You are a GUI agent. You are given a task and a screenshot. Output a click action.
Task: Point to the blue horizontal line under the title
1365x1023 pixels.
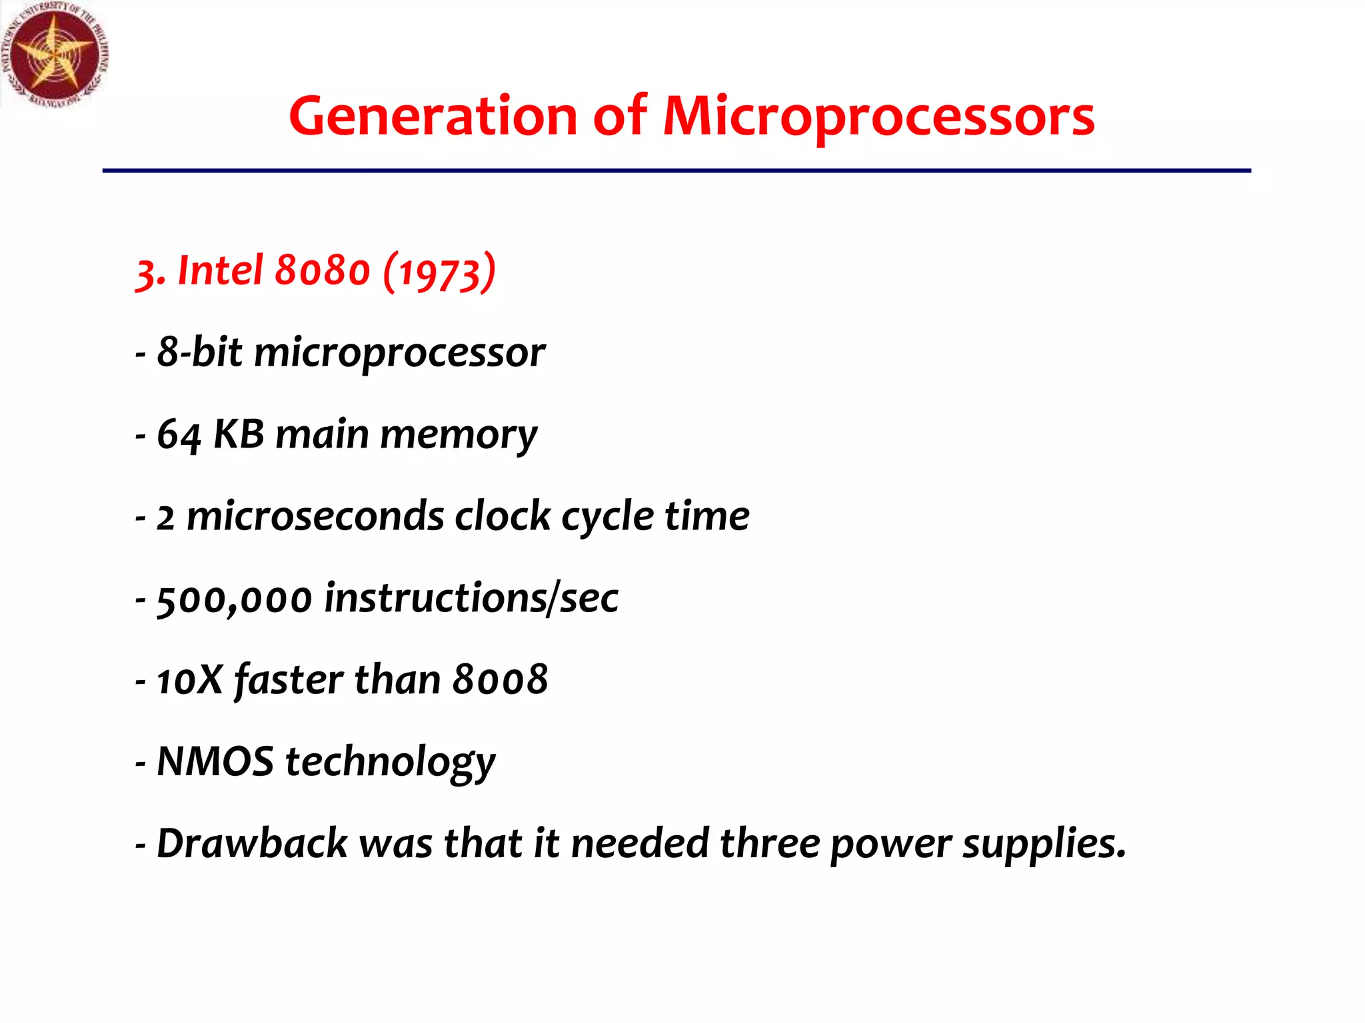pyautogui.click(x=676, y=171)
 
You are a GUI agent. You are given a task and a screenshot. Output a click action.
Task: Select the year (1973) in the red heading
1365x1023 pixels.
pyautogui.click(x=439, y=272)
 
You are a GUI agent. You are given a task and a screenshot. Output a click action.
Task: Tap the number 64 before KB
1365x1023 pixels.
pyautogui.click(x=178, y=435)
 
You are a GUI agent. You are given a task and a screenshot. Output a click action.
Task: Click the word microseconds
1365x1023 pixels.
pyautogui.click(x=315, y=516)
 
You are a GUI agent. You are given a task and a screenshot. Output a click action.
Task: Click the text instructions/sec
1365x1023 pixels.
pyautogui.click(x=471, y=597)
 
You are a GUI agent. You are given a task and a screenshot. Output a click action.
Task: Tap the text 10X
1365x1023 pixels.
pyautogui.click(x=189, y=680)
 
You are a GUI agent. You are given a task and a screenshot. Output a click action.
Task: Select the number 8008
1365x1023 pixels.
pyautogui.click(x=500, y=680)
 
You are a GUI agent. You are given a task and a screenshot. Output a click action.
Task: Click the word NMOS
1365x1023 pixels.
pyautogui.click(x=215, y=761)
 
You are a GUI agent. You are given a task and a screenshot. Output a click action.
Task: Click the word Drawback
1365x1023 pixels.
pyautogui.click(x=252, y=843)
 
